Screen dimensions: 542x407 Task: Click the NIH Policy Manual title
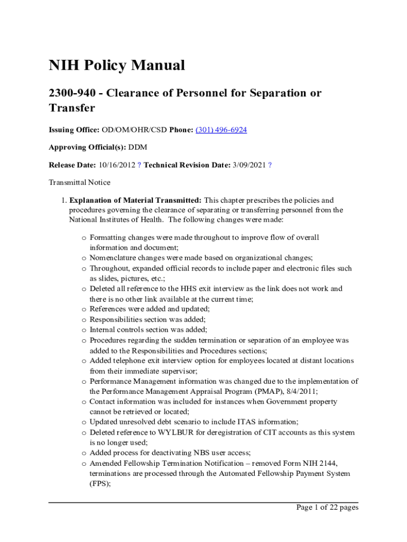pos(117,66)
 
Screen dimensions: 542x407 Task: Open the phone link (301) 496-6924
pos(221,130)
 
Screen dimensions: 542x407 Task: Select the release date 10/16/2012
pos(117,165)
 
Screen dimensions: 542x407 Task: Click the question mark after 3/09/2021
pos(270,165)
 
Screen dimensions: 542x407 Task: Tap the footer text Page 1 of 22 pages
pos(327,508)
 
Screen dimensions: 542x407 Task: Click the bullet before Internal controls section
pos(84,329)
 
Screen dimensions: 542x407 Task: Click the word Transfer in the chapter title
pos(72,108)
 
